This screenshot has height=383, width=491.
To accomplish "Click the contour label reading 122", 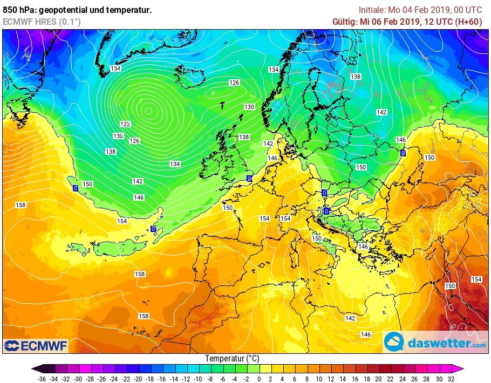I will [125, 124].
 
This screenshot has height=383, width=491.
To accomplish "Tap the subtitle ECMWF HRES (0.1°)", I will [42, 22].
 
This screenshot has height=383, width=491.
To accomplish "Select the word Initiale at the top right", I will [372, 10].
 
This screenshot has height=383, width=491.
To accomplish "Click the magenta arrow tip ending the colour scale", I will [460, 369].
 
